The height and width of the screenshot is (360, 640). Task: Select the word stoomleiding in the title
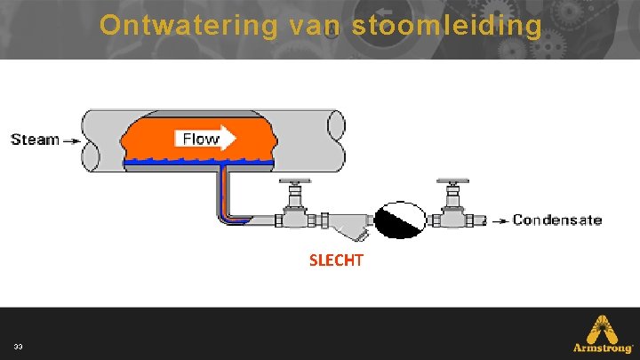[x=446, y=25]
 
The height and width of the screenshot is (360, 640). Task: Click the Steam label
[x=35, y=140]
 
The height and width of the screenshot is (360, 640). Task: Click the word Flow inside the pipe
[x=200, y=138]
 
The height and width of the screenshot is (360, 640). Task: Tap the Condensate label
[x=557, y=220]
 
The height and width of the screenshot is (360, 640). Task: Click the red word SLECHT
[x=336, y=261]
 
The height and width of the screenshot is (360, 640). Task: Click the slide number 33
[x=18, y=346]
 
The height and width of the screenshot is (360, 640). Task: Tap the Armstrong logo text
[x=602, y=348]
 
